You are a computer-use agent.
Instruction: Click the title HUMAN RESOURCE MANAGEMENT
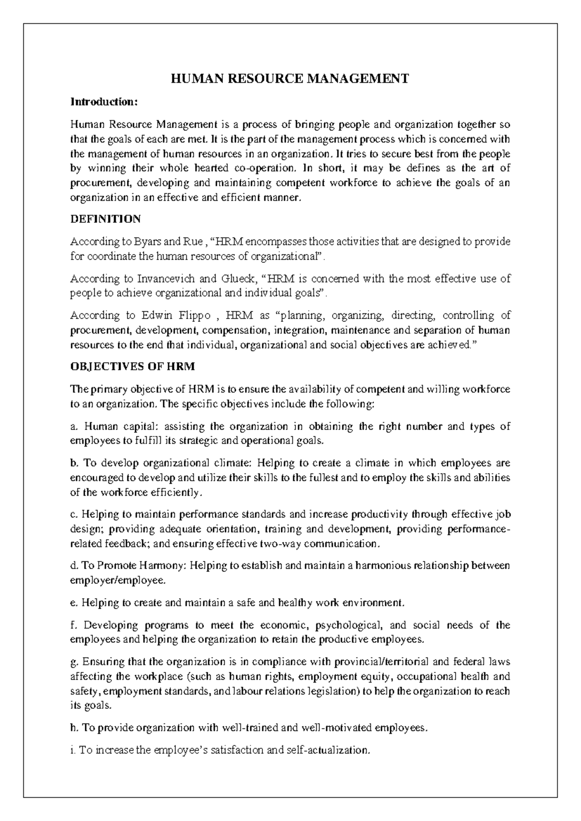[x=290, y=79]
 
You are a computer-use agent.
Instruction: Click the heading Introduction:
[x=104, y=102]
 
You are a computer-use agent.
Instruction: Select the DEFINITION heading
[x=106, y=219]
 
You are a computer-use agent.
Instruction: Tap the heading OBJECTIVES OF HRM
[x=133, y=366]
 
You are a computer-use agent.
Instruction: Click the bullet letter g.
[x=74, y=662]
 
